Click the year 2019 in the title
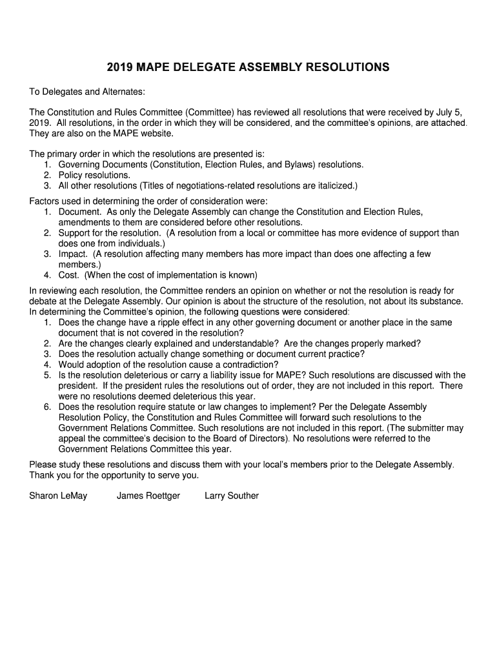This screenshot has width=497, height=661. [x=119, y=66]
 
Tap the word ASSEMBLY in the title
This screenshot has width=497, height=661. [x=269, y=66]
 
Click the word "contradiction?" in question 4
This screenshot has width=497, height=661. [x=249, y=364]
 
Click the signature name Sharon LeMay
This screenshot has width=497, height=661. [x=58, y=496]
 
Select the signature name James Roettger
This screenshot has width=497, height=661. [x=148, y=496]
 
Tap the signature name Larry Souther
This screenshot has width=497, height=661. [x=232, y=496]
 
